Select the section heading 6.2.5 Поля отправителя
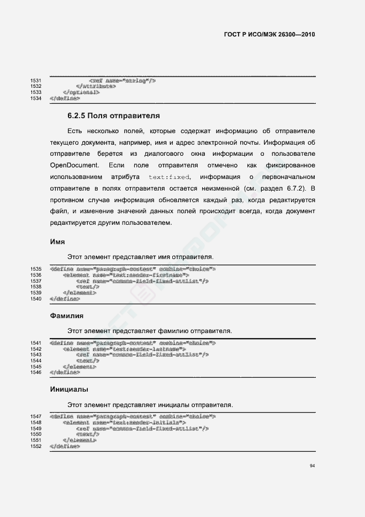click(114, 117)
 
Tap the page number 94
click(313, 467)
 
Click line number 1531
click(36, 81)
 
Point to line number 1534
click(36, 98)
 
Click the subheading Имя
click(57, 242)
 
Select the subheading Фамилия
click(67, 316)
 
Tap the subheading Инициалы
click(69, 389)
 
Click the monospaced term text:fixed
click(170, 177)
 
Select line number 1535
click(36, 269)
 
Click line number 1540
click(36, 299)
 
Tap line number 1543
click(36, 355)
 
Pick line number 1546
click(36, 372)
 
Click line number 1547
click(36, 416)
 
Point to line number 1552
click(36, 446)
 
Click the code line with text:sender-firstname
click(126, 275)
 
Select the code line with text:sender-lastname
click(124, 349)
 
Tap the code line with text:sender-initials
click(124, 422)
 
